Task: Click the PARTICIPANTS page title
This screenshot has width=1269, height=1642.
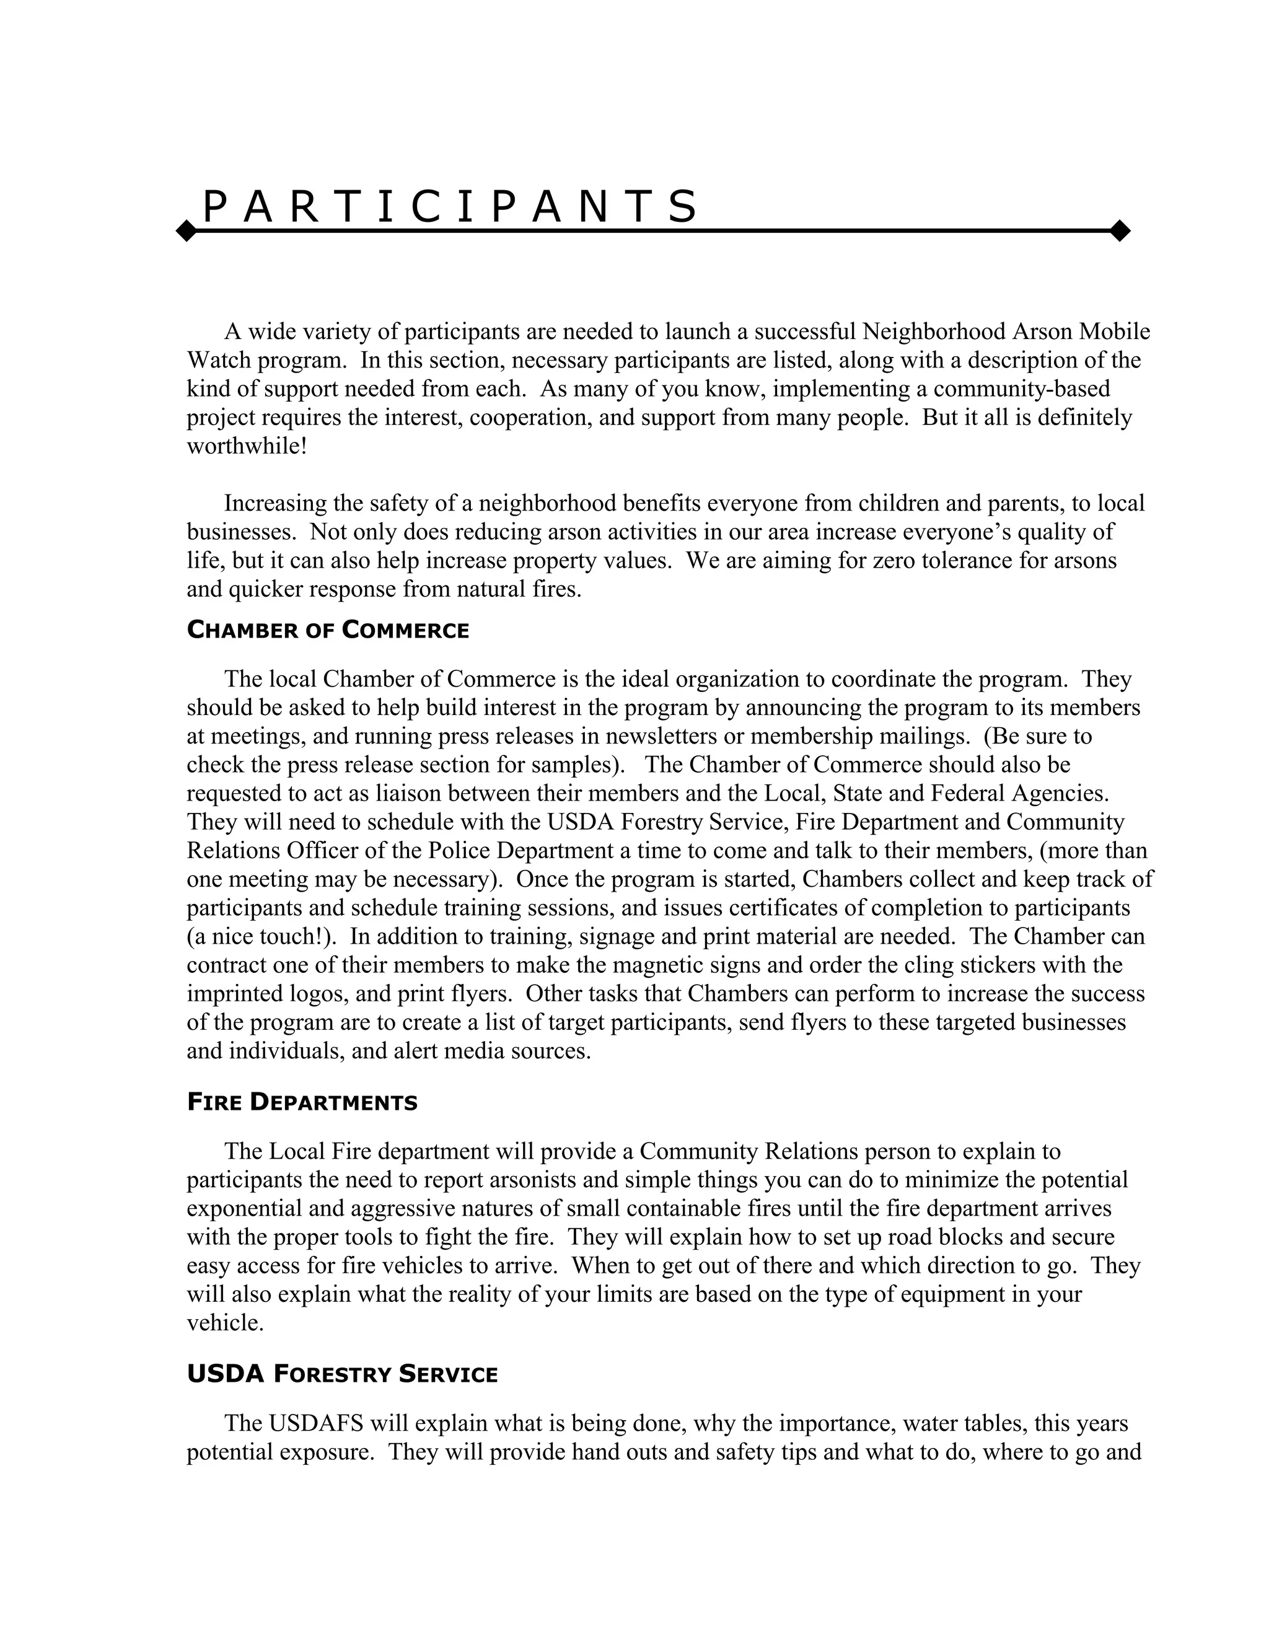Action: click(450, 208)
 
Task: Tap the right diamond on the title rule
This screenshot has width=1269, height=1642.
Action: click(1120, 231)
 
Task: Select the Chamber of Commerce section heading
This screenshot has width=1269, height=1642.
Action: click(328, 630)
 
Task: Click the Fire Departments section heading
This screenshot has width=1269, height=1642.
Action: click(302, 1103)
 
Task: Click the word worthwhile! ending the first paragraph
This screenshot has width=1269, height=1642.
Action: click(247, 446)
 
